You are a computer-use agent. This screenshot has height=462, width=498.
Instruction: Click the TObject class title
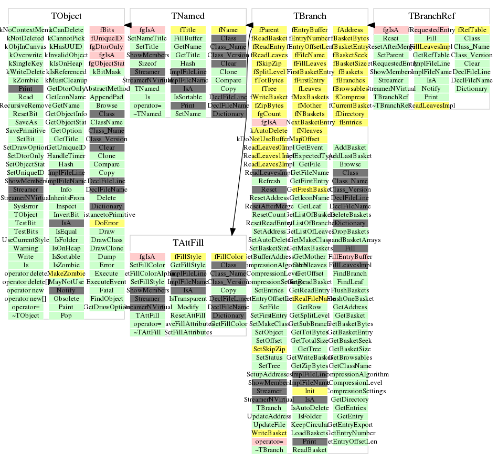pos(66,16)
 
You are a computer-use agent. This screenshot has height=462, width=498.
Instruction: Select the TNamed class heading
pos(188,16)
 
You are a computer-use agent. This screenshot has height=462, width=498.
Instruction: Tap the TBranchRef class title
pos(432,16)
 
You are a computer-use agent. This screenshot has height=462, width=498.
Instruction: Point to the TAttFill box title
pos(188,243)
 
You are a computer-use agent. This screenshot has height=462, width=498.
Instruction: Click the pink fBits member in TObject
pos(107,30)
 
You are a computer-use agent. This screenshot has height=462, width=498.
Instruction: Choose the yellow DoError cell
pos(107,223)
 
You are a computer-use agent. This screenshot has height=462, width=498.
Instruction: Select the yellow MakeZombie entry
pos(66,274)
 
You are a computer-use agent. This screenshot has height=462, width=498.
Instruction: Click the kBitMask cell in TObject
pos(107,72)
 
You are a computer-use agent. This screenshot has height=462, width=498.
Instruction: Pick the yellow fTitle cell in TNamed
pos(188,30)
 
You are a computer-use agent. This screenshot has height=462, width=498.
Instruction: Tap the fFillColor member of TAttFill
pos(228,257)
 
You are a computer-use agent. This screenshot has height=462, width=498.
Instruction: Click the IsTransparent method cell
pos(188,299)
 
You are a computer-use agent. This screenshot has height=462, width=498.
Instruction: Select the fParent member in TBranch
pos(269,30)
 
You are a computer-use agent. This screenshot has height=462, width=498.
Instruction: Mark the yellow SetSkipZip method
pos(269,349)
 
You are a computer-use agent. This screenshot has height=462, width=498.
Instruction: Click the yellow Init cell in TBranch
pos(310,391)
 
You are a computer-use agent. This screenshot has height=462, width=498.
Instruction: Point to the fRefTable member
pos(472,30)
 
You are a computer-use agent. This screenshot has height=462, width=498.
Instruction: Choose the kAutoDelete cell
pos(269,131)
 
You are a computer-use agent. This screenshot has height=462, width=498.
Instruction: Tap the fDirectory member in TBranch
pos(350,114)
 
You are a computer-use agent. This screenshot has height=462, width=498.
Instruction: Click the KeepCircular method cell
pos(310,425)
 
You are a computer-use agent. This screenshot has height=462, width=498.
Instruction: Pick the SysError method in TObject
pos(26,206)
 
